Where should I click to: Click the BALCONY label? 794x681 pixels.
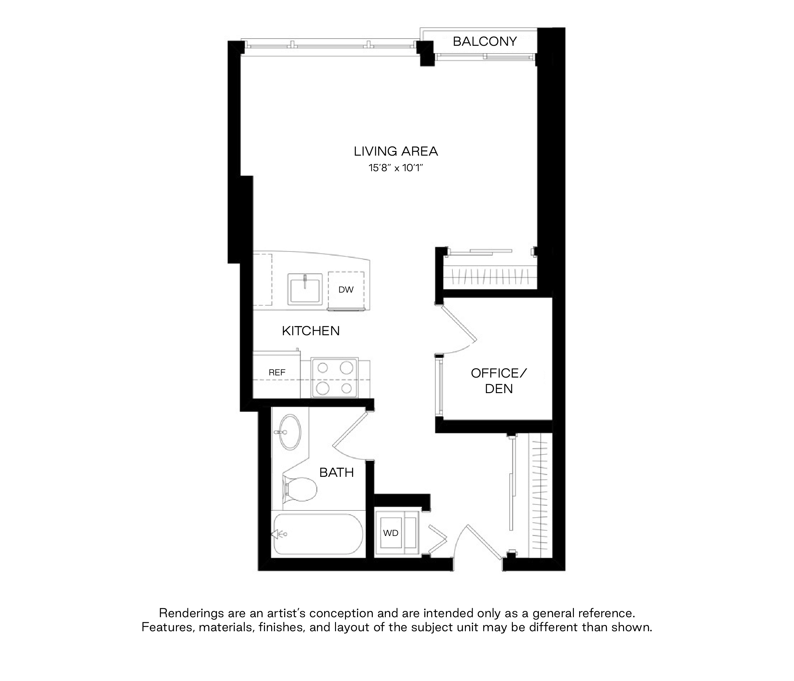485,41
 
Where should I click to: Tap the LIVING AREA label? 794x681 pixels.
396,151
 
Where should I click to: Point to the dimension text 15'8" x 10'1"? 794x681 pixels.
396,168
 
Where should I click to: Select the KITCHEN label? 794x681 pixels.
311,331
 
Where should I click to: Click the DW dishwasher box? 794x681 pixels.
346,290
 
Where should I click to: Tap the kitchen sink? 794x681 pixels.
305,289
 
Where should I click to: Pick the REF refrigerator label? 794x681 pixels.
277,372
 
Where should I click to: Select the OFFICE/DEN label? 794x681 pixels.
499,381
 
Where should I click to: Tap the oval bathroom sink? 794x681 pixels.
290,432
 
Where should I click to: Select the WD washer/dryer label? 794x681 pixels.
390,533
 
